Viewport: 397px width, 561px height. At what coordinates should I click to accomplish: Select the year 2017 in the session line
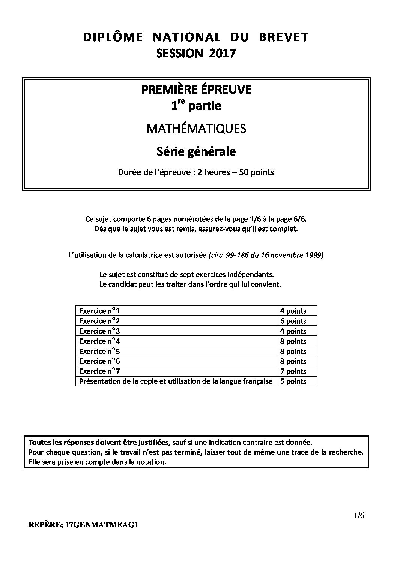click(x=223, y=54)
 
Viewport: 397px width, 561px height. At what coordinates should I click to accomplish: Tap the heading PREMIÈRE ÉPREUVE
click(x=196, y=90)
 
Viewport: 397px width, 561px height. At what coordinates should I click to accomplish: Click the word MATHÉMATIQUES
click(x=196, y=129)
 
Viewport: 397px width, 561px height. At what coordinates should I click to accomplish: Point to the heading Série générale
click(x=196, y=151)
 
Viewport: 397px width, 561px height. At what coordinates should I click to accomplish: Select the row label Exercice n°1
click(x=99, y=311)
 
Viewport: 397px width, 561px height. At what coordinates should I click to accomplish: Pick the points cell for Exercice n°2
click(x=293, y=321)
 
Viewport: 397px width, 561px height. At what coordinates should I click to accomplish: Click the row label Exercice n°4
click(x=99, y=341)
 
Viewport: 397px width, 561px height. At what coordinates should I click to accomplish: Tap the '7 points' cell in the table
click(x=293, y=371)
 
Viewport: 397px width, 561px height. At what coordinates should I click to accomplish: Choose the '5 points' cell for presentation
click(x=293, y=381)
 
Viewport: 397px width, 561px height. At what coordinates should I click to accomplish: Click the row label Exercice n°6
click(x=99, y=361)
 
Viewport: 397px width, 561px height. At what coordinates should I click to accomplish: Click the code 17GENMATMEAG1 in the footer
click(x=102, y=525)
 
